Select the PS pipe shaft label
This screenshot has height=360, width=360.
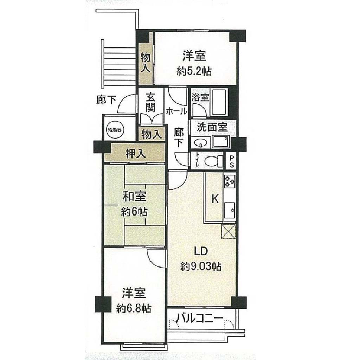[x=231, y=161]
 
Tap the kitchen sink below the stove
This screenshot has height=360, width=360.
[x=230, y=210]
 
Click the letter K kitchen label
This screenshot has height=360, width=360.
[x=215, y=199]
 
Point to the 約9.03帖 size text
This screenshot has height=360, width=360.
[x=201, y=266]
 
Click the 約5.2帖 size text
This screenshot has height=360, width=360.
[x=194, y=72]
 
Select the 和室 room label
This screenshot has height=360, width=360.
[x=134, y=197]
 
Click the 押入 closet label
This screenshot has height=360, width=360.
[x=135, y=154]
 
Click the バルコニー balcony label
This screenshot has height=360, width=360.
[x=200, y=319]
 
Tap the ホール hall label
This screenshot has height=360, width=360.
[x=176, y=111]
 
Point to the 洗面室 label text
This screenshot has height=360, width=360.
[x=212, y=127]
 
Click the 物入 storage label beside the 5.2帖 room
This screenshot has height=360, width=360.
[x=145, y=63]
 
